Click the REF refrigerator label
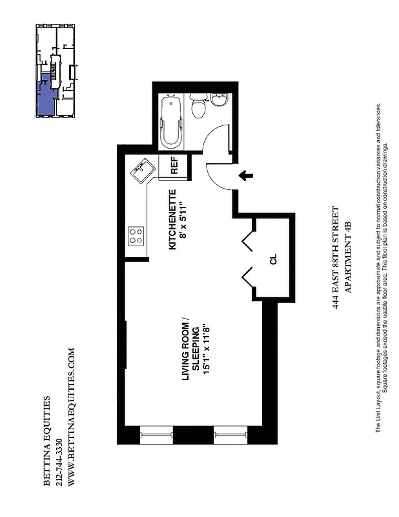[174, 166]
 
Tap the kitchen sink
[141, 171]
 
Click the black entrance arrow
[245, 174]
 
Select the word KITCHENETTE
[172, 220]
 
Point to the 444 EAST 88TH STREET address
[335, 258]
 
